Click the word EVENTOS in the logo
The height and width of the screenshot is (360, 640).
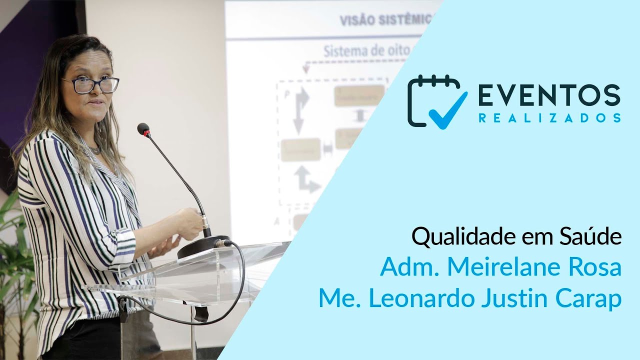coord(549,95)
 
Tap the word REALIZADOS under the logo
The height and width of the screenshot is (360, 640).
coord(549,118)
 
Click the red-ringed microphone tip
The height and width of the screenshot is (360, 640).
coord(143,129)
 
